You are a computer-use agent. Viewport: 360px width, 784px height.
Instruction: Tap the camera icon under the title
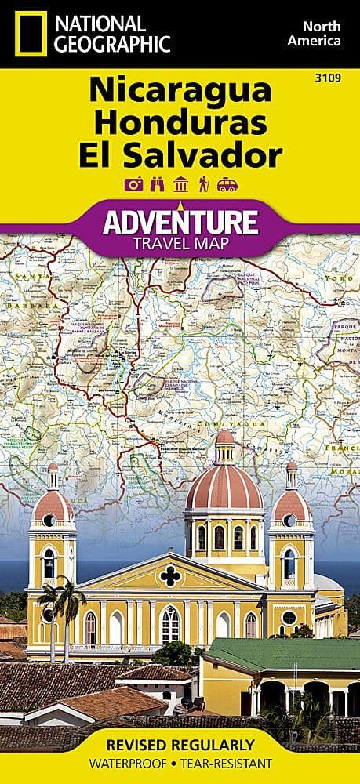click(x=133, y=185)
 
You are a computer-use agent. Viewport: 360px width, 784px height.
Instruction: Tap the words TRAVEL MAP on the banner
click(x=180, y=242)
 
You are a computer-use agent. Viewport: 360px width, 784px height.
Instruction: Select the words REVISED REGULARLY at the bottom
click(x=180, y=744)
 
